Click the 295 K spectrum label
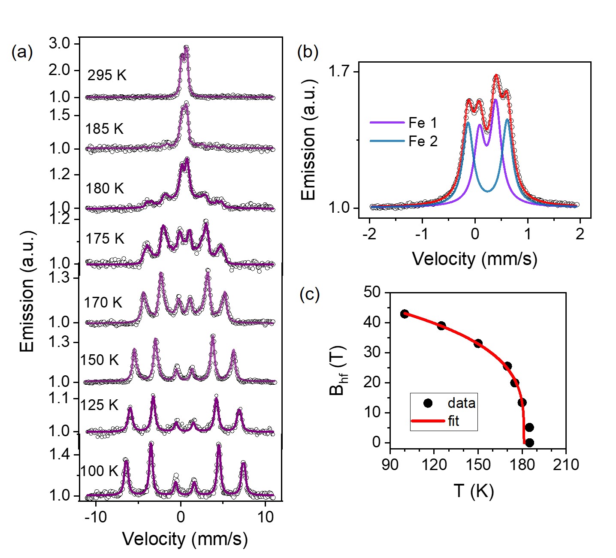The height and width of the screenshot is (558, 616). coord(107,75)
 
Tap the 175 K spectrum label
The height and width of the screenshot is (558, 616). coord(105,238)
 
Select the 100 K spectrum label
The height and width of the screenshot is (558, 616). coord(99,471)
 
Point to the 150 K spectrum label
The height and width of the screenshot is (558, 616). coord(100,360)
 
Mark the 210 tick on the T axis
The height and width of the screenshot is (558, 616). coord(566,464)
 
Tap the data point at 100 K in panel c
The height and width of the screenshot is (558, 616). coord(405,314)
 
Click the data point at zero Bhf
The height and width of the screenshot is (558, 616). coord(529,443)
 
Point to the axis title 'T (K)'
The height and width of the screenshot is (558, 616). coord(474,490)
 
